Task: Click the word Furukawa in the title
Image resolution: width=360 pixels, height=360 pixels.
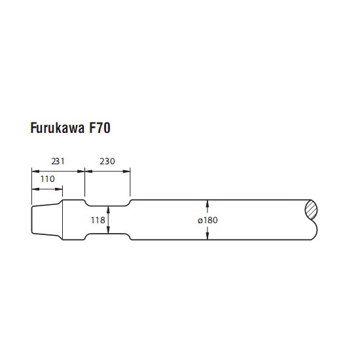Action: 58,128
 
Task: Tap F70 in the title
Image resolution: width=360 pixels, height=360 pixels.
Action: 99,128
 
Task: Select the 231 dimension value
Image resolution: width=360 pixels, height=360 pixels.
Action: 58,162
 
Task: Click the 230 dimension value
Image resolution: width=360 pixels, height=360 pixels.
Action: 107,162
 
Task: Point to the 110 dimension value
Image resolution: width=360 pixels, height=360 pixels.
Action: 48,179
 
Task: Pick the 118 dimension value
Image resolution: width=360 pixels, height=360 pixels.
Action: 98,220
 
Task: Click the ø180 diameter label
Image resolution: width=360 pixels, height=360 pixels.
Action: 207,220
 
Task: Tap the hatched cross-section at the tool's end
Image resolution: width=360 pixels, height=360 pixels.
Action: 311,209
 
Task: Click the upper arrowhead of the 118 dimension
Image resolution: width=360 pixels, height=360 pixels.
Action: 108,209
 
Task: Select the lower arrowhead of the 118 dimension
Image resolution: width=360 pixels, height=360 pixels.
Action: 108,230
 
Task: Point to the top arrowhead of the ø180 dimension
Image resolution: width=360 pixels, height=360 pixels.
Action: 207,203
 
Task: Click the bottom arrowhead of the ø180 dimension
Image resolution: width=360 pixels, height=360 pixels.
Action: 207,236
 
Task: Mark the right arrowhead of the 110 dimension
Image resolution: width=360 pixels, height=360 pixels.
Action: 59,189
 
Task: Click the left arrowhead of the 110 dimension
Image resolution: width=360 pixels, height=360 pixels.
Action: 35,189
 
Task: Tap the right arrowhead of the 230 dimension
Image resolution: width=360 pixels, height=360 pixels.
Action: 126,171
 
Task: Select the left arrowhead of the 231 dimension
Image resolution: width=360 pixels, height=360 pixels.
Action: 35,171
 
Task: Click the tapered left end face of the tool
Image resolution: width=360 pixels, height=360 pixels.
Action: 31,220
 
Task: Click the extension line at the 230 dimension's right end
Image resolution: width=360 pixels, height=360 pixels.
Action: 130,182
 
